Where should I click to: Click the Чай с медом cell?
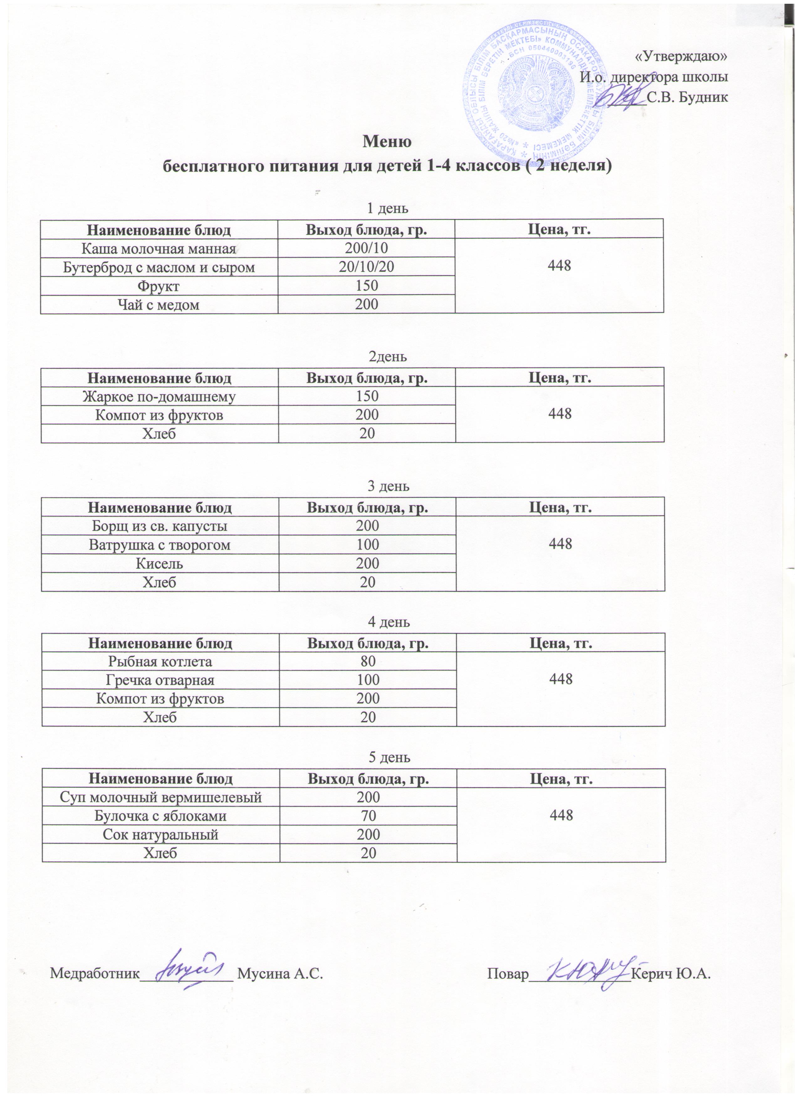[x=159, y=305]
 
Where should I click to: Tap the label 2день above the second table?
[x=388, y=357]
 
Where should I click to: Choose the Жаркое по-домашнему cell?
[x=159, y=397]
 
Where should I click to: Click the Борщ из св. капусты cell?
[x=159, y=526]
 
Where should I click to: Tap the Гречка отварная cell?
[x=160, y=680]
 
